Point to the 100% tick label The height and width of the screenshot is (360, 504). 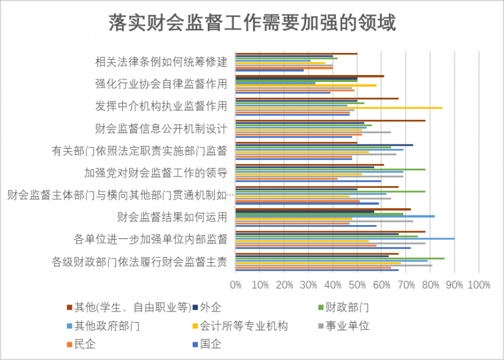tap(478, 286)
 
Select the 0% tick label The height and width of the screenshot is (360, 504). tap(236, 286)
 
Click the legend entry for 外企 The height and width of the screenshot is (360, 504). tap(210, 308)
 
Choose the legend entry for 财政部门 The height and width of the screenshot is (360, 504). tap(346, 308)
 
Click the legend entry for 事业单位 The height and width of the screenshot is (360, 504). tap(346, 326)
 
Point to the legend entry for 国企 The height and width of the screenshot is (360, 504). tap(210, 344)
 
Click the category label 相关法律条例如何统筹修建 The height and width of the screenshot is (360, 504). tap(161, 62)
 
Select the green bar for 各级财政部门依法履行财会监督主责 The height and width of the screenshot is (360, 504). tap(340, 258)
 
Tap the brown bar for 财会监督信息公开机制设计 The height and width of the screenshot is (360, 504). tap(330, 120)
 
